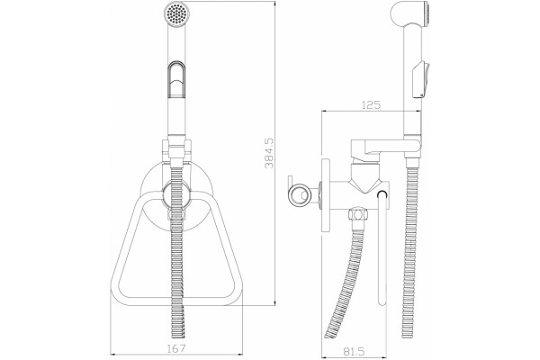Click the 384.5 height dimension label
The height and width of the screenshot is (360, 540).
coord(269,153)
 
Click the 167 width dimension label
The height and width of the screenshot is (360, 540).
coord(176,348)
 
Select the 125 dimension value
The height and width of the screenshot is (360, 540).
coord(371,104)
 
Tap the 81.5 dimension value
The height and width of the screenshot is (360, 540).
coord(354,351)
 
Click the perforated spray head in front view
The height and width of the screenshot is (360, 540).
coord(176,13)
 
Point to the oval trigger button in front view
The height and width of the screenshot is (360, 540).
coord(176,79)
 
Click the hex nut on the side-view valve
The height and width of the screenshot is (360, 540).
coord(357,215)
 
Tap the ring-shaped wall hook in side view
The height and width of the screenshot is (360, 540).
coord(298,195)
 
